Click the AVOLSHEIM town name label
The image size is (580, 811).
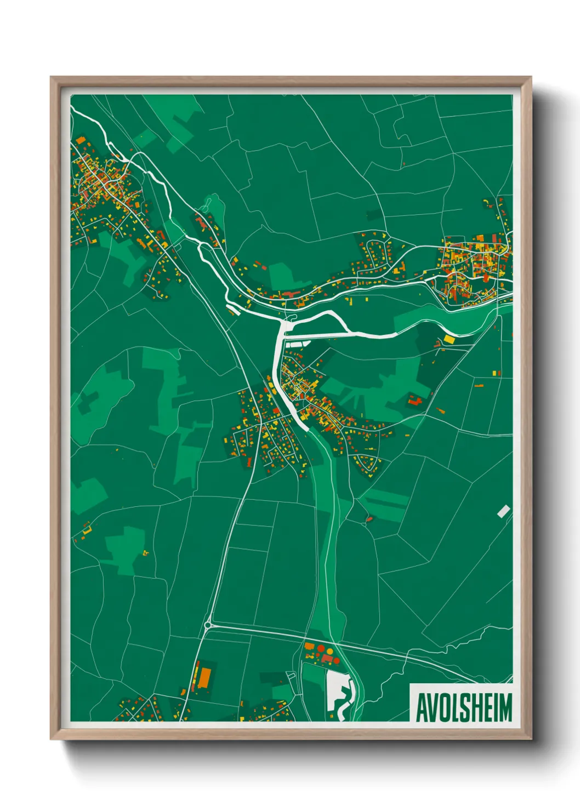pyautogui.click(x=464, y=707)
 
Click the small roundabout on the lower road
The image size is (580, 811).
pyautogui.click(x=208, y=625)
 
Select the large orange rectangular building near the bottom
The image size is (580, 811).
pyautogui.click(x=204, y=677)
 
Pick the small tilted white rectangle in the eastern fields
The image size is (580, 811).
pyautogui.click(x=503, y=511)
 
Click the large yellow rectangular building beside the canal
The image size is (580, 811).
pyautogui.click(x=450, y=339)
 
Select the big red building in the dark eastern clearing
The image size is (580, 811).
pyautogui.click(x=415, y=401)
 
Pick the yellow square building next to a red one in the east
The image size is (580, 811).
pyautogui.click(x=494, y=373)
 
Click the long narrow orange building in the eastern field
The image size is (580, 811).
pyautogui.click(x=479, y=386)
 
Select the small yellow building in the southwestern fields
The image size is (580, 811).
pyautogui.click(x=145, y=552)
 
